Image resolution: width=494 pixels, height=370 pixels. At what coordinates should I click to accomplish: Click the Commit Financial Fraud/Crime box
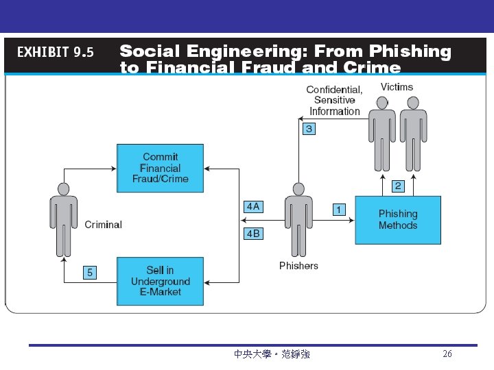(x=160, y=168)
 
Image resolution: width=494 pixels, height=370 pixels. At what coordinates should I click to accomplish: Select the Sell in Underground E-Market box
(x=160, y=281)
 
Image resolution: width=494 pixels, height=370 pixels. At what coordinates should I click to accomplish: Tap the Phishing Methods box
(x=397, y=219)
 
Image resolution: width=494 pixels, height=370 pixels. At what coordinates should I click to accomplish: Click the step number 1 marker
(x=339, y=209)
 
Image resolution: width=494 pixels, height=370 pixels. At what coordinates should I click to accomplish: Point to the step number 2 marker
(x=398, y=186)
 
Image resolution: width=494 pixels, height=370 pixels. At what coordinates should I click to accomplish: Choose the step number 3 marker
(x=309, y=129)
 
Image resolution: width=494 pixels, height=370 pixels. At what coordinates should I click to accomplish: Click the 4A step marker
(x=253, y=206)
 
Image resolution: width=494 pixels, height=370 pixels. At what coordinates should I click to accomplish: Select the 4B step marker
(x=253, y=234)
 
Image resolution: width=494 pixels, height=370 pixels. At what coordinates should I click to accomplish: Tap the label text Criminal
(x=103, y=225)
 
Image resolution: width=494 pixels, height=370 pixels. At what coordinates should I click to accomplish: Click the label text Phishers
(x=298, y=266)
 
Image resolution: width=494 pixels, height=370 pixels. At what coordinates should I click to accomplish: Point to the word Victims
(x=397, y=87)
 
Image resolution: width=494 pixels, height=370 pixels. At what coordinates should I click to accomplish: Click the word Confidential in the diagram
(x=334, y=90)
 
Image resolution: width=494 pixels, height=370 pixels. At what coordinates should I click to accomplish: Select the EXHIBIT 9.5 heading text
(x=55, y=53)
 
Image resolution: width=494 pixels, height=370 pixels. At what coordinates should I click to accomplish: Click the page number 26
(x=447, y=354)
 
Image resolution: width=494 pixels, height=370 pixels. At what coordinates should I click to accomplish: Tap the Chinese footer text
(x=272, y=354)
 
